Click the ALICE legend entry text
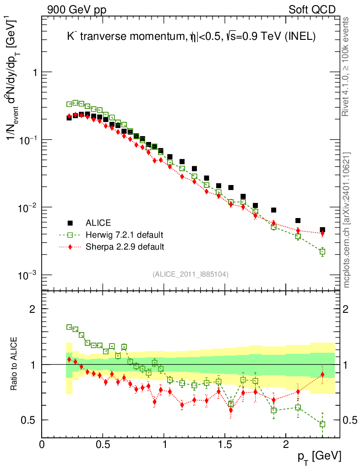[x=98, y=223]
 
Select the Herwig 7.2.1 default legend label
[x=124, y=235]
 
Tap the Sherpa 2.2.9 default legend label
[x=125, y=247]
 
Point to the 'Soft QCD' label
[x=312, y=10]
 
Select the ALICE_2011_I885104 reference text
[x=191, y=274]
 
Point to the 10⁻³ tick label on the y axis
[x=26, y=274]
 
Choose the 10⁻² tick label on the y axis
[x=26, y=207]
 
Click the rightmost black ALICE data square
[x=322, y=230]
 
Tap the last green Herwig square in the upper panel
[x=322, y=251]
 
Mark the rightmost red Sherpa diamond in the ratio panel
[x=322, y=375]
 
